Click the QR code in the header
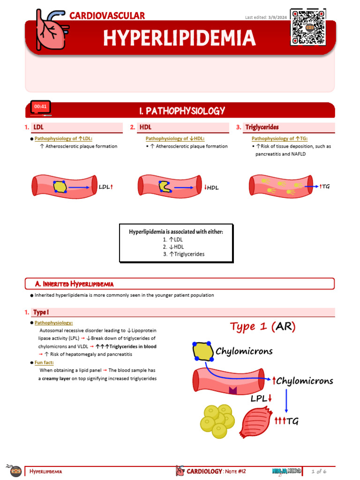pyautogui.click(x=308, y=27)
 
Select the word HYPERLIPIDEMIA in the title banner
pyautogui.click(x=180, y=38)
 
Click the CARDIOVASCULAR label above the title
pyautogui.click(x=107, y=15)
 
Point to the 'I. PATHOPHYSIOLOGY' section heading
pyautogui.click(x=182, y=111)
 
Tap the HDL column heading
pyautogui.click(x=145, y=127)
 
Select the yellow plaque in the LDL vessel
pyautogui.click(x=60, y=187)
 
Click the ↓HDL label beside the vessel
pyautogui.click(x=212, y=187)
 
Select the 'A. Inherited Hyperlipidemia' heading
pyautogui.click(x=75, y=284)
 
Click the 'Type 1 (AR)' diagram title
pyautogui.click(x=263, y=327)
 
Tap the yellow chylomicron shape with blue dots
pyautogui.click(x=203, y=352)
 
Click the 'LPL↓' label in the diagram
pyautogui.click(x=261, y=399)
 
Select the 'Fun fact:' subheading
pyautogui.click(x=44, y=362)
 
